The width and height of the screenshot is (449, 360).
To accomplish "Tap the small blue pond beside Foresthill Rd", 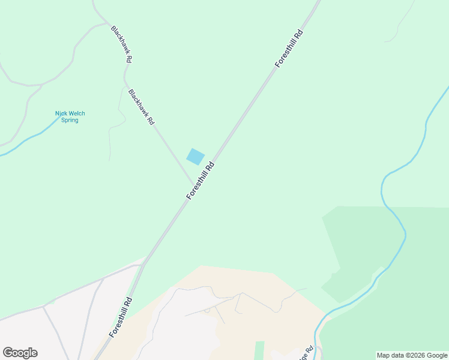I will [x=195, y=157].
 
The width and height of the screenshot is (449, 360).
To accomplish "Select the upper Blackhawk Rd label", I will [x=121, y=44].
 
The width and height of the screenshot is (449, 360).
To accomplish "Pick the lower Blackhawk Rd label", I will [x=142, y=107].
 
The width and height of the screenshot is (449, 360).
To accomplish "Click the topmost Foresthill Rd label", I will [x=289, y=48].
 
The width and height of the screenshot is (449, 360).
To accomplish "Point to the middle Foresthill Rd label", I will [x=200, y=181].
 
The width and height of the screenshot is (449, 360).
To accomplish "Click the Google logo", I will [x=20, y=353].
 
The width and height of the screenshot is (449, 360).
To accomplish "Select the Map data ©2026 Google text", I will [x=412, y=355].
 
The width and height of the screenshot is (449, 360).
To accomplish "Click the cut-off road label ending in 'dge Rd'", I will [x=306, y=353].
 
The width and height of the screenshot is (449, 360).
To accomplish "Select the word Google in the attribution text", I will [x=437, y=355].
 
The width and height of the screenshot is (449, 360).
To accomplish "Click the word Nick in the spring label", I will [x=59, y=113].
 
